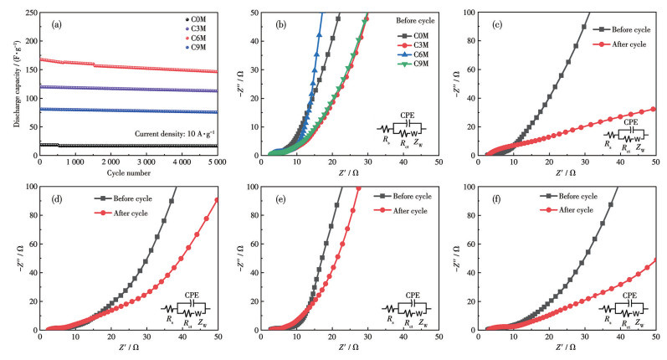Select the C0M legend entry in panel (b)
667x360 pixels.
[407, 35]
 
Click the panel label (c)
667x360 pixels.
[496, 22]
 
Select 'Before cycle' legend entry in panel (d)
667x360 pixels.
[126, 198]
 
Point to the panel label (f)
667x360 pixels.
[496, 202]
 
